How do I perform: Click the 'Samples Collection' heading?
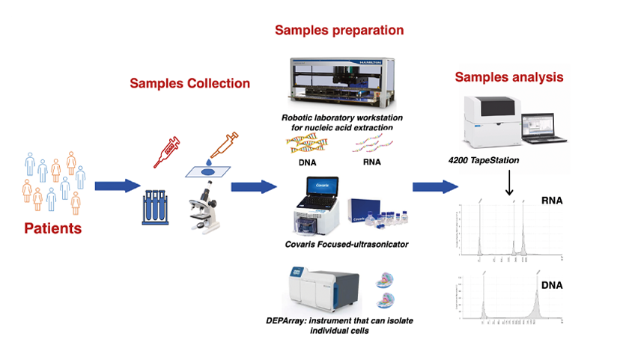pos(189,83)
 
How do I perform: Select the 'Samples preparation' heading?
pos(339,31)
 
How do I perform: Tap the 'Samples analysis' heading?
pos(509,77)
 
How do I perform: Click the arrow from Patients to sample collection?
pos(117,185)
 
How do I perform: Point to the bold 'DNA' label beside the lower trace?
pos(551,287)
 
